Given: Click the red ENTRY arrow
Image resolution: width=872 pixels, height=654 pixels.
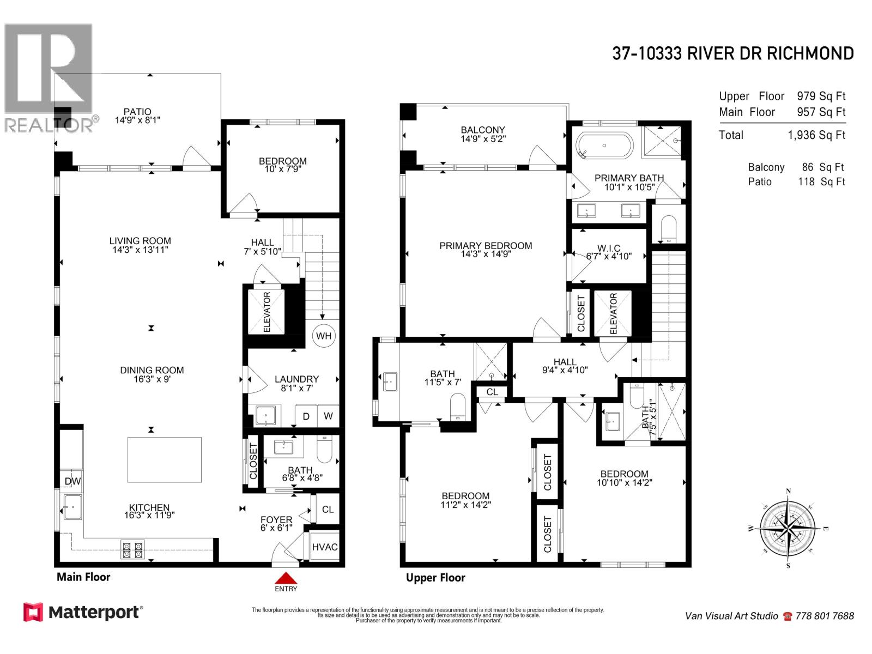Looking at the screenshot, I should pos(286,578).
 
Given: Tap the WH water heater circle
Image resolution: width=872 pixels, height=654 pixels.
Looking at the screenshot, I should pos(324,336).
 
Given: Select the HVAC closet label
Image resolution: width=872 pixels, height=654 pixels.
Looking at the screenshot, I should pos(325,547).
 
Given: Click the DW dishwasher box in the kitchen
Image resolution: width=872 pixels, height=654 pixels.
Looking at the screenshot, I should pos(72,481).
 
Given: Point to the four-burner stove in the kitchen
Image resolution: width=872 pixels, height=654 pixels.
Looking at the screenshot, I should pos(132,549).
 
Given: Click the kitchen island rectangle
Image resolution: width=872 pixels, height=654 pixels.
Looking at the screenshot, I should pos(165,459).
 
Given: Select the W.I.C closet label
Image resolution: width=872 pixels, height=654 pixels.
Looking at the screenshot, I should pos(609,249).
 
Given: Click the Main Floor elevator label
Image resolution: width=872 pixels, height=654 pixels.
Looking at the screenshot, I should pos(267,312).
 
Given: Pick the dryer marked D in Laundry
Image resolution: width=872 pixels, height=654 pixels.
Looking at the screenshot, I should pos(306,416).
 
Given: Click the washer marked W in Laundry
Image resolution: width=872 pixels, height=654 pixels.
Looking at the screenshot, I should pos(328,416).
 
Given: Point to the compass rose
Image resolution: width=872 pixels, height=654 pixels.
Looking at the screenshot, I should pos(788,528).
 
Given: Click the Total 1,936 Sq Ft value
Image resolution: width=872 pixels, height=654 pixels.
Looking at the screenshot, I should pos(816,135).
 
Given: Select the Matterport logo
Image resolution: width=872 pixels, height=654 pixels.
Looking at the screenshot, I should pos(83,612).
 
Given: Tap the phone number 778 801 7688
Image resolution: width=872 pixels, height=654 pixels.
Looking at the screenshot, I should pos(825,616).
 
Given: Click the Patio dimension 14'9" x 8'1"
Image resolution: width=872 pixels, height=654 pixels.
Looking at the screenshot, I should pos(137,120).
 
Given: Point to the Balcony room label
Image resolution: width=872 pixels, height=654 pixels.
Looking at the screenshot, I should pos(482,130).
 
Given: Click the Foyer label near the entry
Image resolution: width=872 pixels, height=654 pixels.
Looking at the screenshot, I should pos(276,519).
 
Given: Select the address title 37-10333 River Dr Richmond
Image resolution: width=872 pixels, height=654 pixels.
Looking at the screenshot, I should pos(732,53).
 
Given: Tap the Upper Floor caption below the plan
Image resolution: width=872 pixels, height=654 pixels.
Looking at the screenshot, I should pos(435,578).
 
